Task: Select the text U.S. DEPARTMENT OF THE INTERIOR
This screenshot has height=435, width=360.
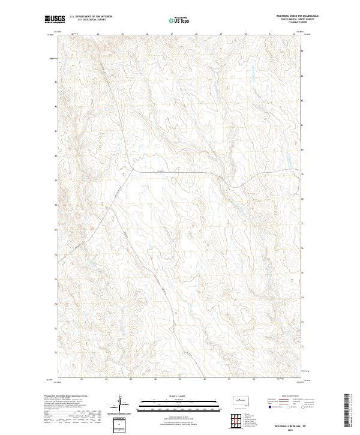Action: (91, 17)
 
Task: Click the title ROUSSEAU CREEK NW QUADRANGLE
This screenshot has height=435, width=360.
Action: (293, 16)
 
